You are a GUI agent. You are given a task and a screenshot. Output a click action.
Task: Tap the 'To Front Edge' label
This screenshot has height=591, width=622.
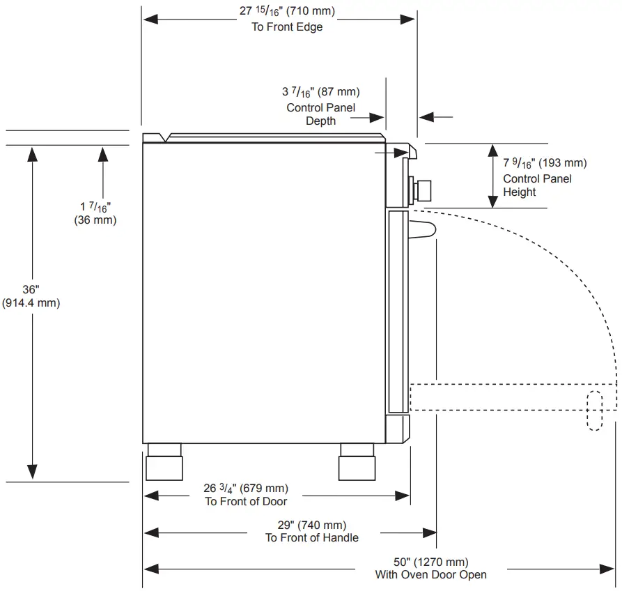[287, 27]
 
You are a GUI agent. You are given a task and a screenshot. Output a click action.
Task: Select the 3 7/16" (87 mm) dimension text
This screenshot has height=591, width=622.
[320, 92]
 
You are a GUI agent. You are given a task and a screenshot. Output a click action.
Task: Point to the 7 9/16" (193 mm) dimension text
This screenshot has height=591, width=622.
[545, 164]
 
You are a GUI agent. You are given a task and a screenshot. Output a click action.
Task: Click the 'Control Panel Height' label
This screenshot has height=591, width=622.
[537, 185]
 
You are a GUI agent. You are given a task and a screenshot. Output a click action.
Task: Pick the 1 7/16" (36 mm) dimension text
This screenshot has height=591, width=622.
[95, 213]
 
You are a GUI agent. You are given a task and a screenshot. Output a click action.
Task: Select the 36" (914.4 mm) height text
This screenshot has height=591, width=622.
[31, 296]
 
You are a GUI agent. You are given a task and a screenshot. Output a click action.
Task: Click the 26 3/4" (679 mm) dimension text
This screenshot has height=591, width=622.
[246, 488]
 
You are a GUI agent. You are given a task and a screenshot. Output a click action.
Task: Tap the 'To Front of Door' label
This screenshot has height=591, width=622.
[246, 501]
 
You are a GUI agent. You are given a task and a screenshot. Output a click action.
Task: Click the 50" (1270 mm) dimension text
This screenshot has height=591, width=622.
[430, 562]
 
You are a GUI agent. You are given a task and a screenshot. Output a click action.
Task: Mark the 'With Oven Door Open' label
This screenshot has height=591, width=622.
[430, 575]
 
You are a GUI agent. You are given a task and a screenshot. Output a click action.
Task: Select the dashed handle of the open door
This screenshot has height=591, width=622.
[594, 410]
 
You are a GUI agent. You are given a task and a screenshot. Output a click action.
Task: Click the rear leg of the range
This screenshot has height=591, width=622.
[164, 462]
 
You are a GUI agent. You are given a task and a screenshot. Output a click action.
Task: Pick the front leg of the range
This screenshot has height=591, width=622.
[357, 462]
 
